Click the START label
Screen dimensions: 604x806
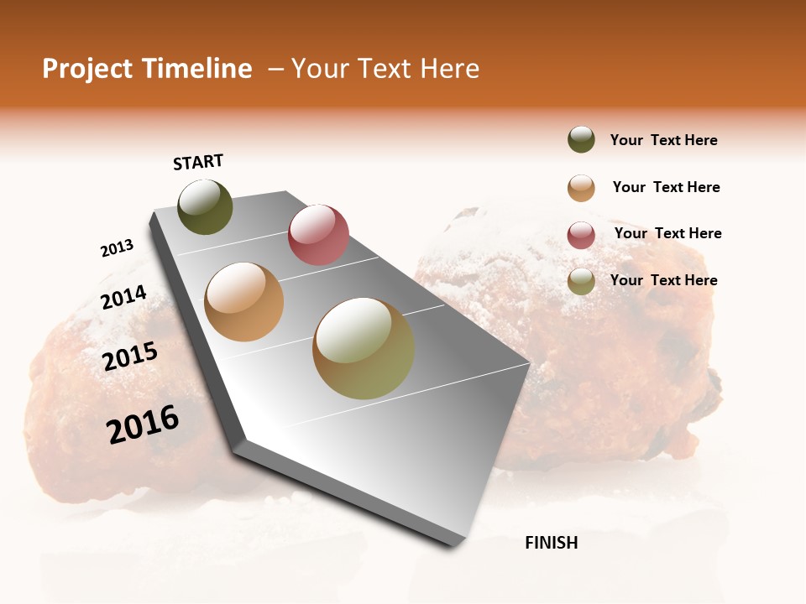pyautogui.click(x=198, y=162)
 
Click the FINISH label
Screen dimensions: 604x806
pyautogui.click(x=551, y=543)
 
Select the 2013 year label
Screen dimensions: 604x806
pyautogui.click(x=117, y=248)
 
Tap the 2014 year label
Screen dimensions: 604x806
pyautogui.click(x=123, y=298)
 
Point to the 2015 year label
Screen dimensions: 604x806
pyautogui.click(x=130, y=357)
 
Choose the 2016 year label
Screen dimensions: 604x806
pyautogui.click(x=143, y=424)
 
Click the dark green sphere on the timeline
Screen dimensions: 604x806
pyautogui.click(x=205, y=206)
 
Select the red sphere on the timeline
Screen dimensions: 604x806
pyautogui.click(x=318, y=235)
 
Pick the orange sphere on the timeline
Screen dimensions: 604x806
pyautogui.click(x=244, y=302)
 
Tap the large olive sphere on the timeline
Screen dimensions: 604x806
pyautogui.click(x=363, y=348)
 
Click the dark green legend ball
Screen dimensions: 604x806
pyautogui.click(x=581, y=140)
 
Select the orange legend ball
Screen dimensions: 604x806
pyautogui.click(x=581, y=188)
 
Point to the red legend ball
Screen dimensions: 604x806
pyautogui.click(x=581, y=235)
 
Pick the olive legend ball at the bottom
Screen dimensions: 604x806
pyautogui.click(x=581, y=281)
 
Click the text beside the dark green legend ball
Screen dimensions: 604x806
pyautogui.click(x=663, y=141)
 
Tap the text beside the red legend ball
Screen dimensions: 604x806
pyautogui.click(x=667, y=233)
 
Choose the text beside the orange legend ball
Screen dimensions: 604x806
pyautogui.click(x=666, y=187)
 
